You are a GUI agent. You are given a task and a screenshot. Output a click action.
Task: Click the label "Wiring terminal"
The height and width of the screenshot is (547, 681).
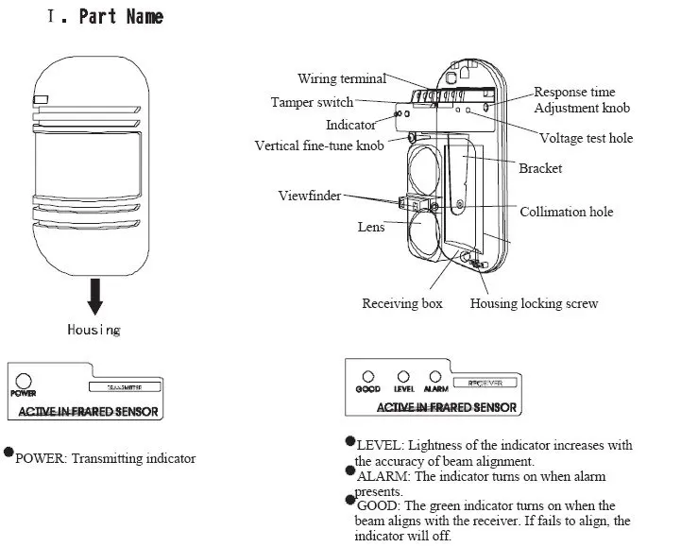click(x=341, y=79)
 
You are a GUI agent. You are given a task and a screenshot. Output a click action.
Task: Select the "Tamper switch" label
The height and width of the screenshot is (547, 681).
click(x=312, y=102)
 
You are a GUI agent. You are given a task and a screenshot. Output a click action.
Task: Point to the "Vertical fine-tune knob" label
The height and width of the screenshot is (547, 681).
click(x=319, y=145)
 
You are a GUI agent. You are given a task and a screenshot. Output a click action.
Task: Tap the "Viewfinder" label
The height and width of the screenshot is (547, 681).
click(x=309, y=196)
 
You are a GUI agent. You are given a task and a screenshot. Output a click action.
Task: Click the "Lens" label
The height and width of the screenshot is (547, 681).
click(x=371, y=227)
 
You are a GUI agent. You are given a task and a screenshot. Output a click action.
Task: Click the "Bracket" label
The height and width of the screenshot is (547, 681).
click(x=540, y=168)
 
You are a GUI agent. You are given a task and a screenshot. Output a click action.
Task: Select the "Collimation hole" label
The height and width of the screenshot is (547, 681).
click(x=566, y=212)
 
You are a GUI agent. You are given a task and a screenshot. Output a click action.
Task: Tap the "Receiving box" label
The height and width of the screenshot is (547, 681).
click(x=402, y=303)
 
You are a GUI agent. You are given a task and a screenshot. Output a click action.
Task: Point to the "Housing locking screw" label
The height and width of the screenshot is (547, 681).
click(x=534, y=303)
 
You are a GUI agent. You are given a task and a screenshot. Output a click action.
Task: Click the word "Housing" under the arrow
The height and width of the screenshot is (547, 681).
click(x=94, y=330)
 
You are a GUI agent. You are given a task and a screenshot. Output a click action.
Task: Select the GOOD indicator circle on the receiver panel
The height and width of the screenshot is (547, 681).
click(x=368, y=376)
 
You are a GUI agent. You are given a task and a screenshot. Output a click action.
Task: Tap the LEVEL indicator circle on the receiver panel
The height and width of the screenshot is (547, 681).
click(x=402, y=376)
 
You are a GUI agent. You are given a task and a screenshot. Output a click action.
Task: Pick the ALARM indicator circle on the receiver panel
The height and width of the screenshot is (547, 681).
click(x=434, y=376)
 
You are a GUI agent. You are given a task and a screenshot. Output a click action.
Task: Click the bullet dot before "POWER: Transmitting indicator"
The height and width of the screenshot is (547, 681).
click(x=9, y=453)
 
